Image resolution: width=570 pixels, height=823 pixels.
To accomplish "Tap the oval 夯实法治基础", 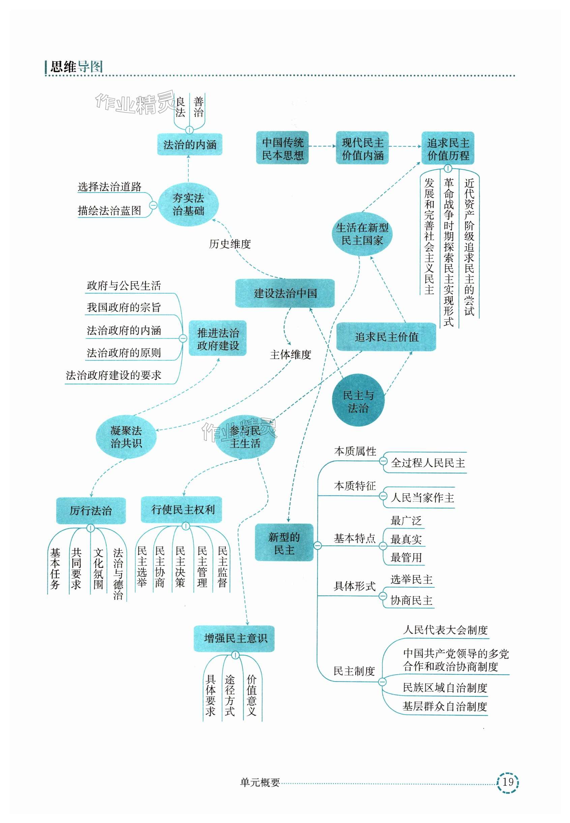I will (188, 205).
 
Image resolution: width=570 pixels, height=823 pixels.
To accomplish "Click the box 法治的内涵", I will (190, 145).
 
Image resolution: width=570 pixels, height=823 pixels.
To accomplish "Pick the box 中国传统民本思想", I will (282, 148).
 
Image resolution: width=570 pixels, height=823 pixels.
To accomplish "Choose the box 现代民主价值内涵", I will (362, 148).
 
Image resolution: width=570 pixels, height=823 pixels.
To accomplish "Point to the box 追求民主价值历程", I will (448, 149).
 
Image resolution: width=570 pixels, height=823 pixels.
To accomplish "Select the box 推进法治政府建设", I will (217, 338).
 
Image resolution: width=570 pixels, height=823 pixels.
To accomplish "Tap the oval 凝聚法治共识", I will (126, 437).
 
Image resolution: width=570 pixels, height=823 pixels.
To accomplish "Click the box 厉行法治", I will (91, 511).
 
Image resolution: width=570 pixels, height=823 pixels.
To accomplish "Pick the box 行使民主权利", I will (182, 510).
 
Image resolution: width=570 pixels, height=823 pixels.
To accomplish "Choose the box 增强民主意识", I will (234, 638).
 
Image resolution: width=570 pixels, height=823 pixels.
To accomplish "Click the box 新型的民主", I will (284, 543).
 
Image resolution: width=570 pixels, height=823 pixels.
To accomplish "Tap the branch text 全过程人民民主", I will (428, 463).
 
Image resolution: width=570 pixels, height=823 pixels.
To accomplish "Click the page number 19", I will (508, 782).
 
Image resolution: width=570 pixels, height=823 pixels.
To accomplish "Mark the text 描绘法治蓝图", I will (109, 210).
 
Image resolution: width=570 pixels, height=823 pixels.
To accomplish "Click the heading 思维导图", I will (77, 67).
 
